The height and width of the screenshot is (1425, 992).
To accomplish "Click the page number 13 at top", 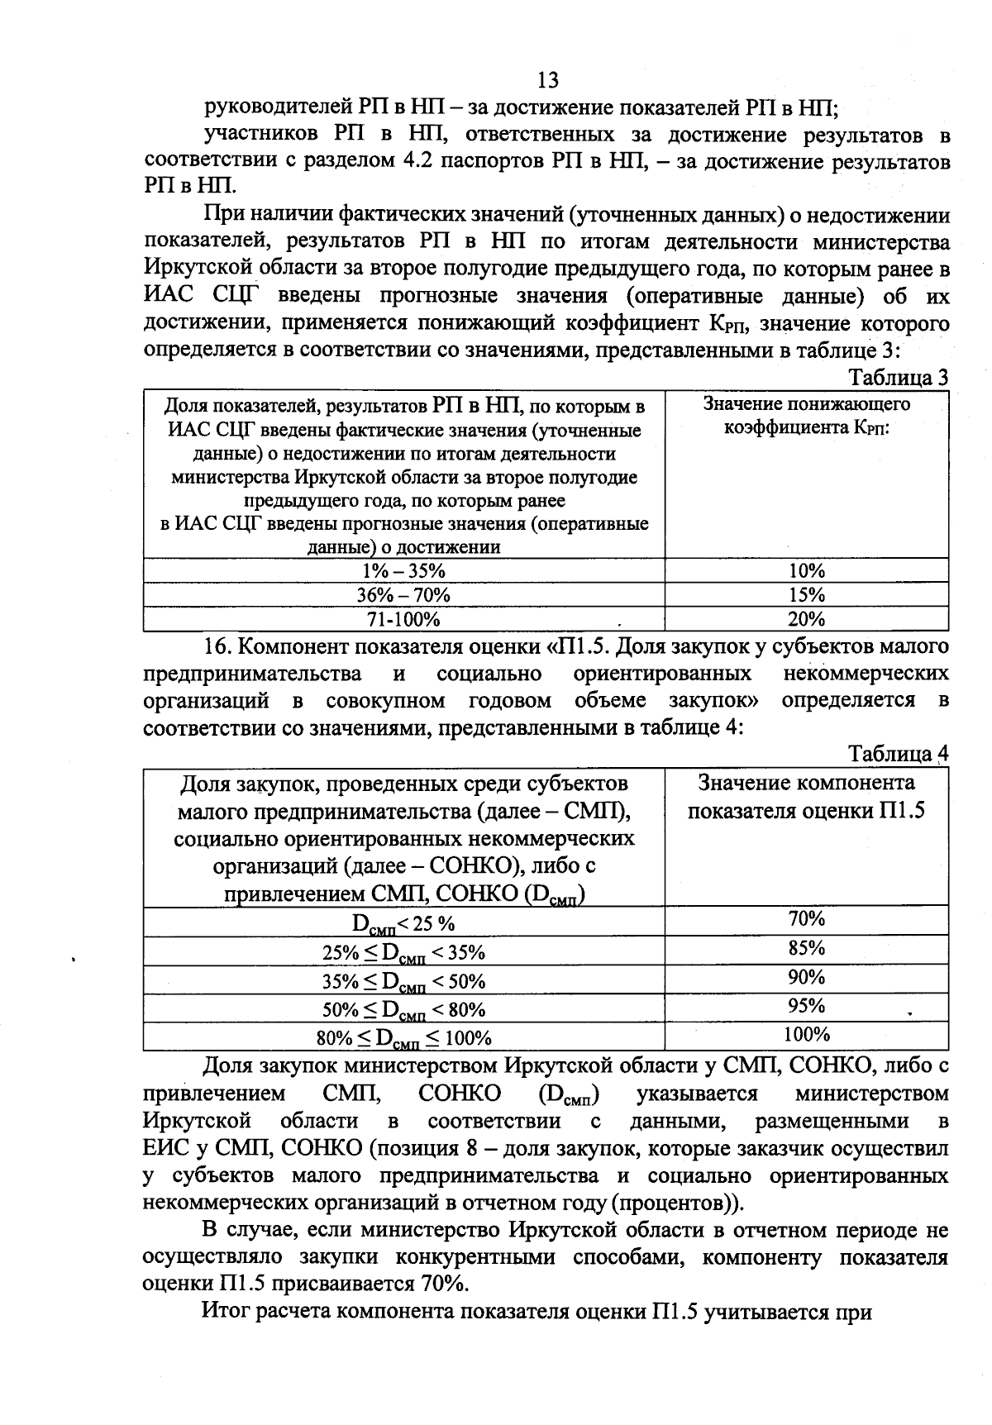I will (547, 80).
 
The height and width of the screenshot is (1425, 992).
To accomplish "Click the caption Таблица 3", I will (899, 378).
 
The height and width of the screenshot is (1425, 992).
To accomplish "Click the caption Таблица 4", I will (899, 755).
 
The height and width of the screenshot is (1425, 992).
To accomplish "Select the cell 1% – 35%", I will (404, 571).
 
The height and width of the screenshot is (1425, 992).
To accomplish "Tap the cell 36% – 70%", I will (404, 595).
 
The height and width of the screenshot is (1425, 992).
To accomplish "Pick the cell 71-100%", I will (404, 619).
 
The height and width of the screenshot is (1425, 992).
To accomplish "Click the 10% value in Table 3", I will (806, 571).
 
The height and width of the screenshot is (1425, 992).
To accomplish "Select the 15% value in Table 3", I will (806, 595).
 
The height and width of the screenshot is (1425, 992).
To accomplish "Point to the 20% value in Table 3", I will (806, 619).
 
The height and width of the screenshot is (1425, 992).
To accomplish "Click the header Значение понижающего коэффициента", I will (806, 416).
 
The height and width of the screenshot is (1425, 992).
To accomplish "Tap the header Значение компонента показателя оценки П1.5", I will (806, 796).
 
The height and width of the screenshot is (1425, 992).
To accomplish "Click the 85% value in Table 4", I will (806, 947).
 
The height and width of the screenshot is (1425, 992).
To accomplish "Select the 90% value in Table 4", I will (806, 977).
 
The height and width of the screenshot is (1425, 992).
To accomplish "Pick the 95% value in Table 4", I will (806, 1006).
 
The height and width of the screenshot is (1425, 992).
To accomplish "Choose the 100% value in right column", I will (806, 1034).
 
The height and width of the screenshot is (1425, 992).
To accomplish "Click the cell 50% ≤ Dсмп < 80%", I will (404, 1009).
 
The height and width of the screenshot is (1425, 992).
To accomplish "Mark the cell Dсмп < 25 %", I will (404, 923).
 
